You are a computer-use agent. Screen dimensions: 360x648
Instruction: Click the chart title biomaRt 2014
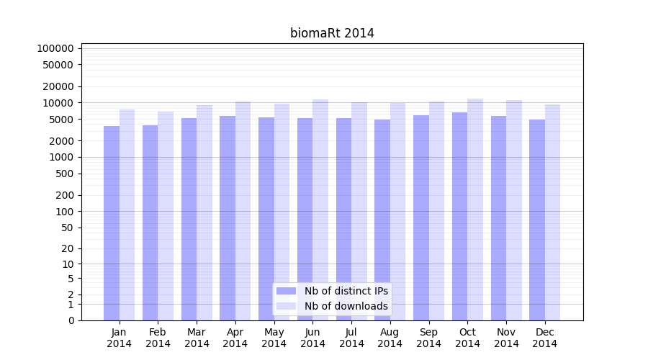[332, 33]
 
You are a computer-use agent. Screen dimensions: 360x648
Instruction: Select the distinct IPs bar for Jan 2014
[112, 223]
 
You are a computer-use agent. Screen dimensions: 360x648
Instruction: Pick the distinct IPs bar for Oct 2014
[459, 216]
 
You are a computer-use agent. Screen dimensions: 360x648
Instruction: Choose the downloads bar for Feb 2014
[166, 216]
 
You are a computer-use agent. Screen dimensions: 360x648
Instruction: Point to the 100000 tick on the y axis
[55, 48]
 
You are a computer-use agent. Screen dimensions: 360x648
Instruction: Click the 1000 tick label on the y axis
[61, 157]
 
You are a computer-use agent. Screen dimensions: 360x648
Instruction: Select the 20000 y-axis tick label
[58, 86]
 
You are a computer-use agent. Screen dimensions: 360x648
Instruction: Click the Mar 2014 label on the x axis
[197, 338]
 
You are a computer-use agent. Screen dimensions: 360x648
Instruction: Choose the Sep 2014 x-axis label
[428, 338]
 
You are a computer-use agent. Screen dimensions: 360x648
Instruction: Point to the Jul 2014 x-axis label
[351, 338]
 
